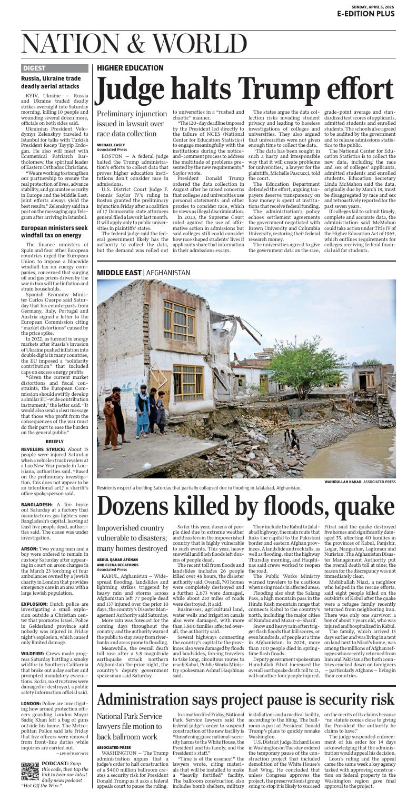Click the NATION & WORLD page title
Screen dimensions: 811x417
(x=134, y=43)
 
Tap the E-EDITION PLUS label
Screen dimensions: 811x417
(x=366, y=14)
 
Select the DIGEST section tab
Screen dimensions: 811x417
(x=35, y=68)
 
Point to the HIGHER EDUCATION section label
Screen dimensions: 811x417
(x=130, y=68)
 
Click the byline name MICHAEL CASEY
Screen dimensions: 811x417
(x=111, y=145)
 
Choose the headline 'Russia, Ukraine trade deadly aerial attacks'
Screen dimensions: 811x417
(x=51, y=82)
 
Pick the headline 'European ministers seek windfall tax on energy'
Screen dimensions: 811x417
(x=54, y=232)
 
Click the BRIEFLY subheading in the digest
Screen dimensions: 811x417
(x=55, y=441)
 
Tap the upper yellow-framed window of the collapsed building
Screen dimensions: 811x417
(x=178, y=321)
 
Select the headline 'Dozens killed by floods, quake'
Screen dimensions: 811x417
(x=245, y=506)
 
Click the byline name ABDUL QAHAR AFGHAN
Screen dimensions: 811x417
(x=117, y=559)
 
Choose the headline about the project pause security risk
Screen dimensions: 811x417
(x=245, y=699)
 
